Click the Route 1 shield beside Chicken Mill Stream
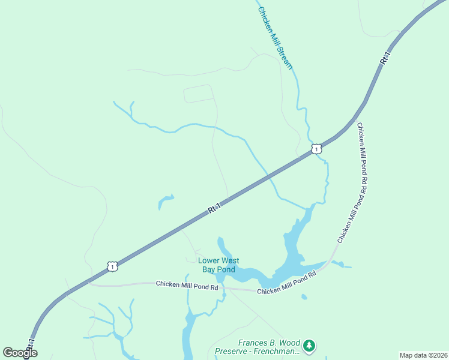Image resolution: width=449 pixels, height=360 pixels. click(316, 148)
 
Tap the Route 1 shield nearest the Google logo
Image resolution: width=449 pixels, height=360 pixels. click(112, 266)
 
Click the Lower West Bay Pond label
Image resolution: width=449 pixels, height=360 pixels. click(218, 265)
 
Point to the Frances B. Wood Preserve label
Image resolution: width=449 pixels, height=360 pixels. click(268, 347)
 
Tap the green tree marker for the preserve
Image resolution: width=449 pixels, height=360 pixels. click(309, 345)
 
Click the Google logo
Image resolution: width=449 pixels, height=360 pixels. click(20, 353)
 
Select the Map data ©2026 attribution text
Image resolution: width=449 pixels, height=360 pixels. click(423, 355)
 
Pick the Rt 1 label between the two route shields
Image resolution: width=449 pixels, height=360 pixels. click(214, 208)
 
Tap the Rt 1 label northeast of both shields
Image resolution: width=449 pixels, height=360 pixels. click(385, 59)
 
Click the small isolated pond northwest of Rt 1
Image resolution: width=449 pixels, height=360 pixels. click(164, 202)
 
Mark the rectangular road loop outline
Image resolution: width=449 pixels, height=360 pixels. click(199, 94)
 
